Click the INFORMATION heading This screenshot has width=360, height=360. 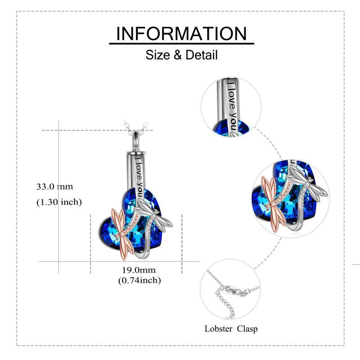pos(181,34)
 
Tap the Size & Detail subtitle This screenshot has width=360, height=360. pos(181,55)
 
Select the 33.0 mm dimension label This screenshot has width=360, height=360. pos(55,186)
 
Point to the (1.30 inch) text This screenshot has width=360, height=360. pos(59,202)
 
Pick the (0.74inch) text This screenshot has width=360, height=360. pos(139,280)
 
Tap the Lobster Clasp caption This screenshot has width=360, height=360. pos(231,328)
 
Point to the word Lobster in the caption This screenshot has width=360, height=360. pos(218,328)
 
